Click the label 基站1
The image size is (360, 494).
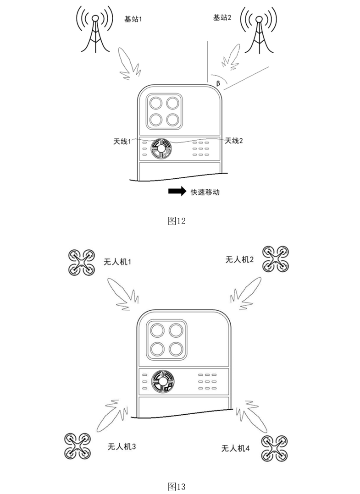point(134,19)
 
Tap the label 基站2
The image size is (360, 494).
point(222,17)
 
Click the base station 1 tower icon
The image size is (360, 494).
point(95,30)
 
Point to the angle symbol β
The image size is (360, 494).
point(218,83)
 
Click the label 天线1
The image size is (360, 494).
point(122,141)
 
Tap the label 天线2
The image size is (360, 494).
point(234,141)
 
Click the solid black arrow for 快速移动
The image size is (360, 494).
point(177,192)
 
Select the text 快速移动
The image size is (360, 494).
point(205,192)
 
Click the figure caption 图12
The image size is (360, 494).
point(177,221)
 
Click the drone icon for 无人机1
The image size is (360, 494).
point(82,263)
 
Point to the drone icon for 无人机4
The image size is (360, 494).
point(276,448)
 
